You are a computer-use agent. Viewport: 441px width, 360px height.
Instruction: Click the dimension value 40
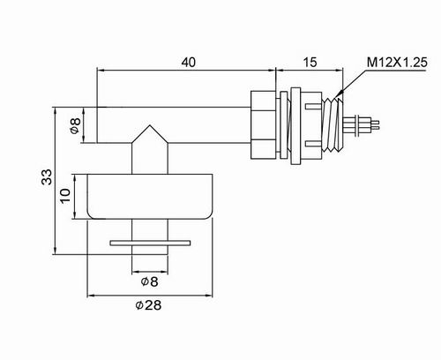click(188, 63)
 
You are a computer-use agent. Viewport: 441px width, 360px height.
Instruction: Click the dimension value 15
click(310, 63)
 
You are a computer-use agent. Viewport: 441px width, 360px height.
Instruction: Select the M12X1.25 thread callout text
click(397, 63)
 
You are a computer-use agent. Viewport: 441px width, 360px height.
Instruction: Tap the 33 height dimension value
click(47, 176)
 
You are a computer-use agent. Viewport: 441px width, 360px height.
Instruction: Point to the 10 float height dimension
click(65, 196)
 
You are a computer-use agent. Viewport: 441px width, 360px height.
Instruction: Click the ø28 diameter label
click(148, 305)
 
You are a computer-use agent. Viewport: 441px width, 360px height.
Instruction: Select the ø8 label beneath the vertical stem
click(149, 281)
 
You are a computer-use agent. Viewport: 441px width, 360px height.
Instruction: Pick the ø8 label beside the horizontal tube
click(76, 125)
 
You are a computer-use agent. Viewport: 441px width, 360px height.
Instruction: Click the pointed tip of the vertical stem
click(150, 125)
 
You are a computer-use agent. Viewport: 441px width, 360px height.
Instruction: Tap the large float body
click(150, 196)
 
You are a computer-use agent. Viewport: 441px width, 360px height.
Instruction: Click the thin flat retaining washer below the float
click(150, 243)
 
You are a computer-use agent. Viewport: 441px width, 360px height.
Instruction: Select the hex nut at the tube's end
click(264, 125)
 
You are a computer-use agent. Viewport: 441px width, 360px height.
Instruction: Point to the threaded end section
click(333, 125)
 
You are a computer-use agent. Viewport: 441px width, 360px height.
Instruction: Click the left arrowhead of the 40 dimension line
click(101, 70)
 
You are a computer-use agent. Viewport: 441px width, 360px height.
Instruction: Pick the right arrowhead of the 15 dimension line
click(340, 70)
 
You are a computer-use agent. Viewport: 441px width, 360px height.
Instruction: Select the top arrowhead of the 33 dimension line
click(55, 111)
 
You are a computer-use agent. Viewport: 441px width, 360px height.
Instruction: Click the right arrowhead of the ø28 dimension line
click(208, 295)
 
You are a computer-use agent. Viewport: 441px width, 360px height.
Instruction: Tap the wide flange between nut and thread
click(295, 125)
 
